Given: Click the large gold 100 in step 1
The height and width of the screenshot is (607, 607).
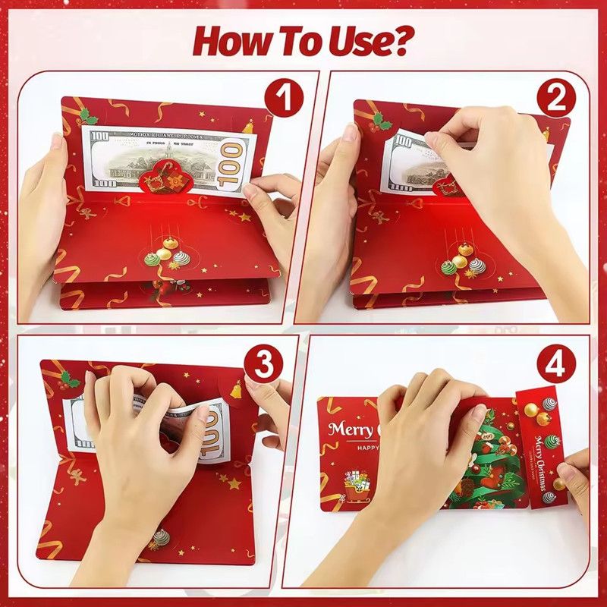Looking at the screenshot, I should pos(231,161).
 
